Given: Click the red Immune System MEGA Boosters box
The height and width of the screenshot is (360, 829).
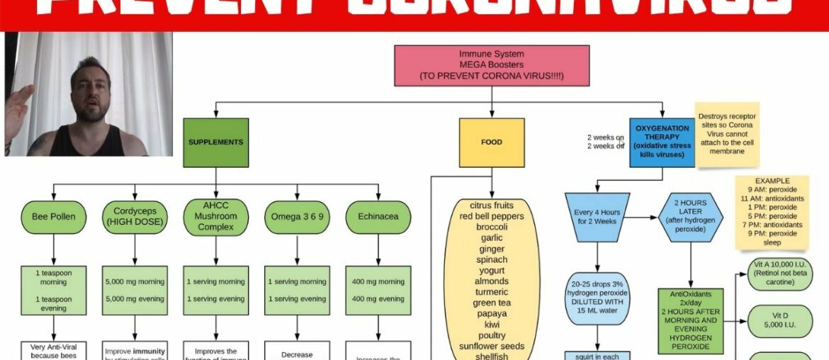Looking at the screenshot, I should click(x=491, y=65).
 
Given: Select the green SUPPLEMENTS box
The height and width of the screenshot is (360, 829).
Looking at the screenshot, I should click(x=215, y=142).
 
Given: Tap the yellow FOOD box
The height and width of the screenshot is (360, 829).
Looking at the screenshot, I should click(x=491, y=142).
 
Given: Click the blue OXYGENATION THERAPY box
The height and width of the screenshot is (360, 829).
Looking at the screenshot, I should click(x=662, y=142).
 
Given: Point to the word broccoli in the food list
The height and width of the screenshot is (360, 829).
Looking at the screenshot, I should click(x=492, y=227).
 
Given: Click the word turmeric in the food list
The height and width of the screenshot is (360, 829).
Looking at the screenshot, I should click(x=492, y=292).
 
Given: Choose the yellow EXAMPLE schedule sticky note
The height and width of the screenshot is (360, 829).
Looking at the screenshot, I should click(x=772, y=212).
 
